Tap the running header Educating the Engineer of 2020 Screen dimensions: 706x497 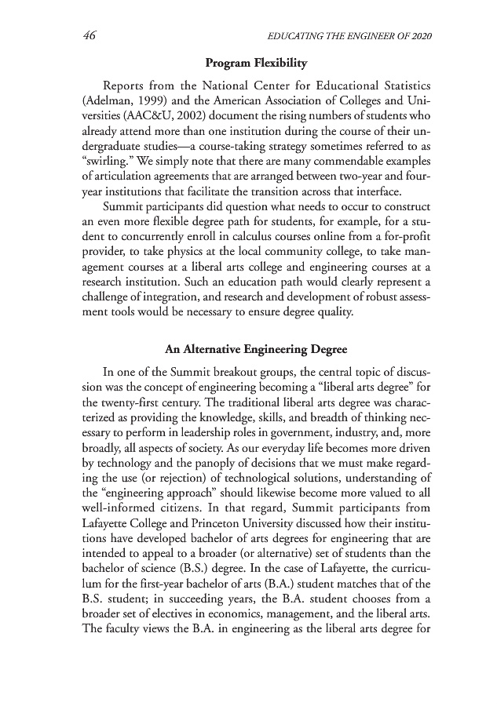(352, 36)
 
